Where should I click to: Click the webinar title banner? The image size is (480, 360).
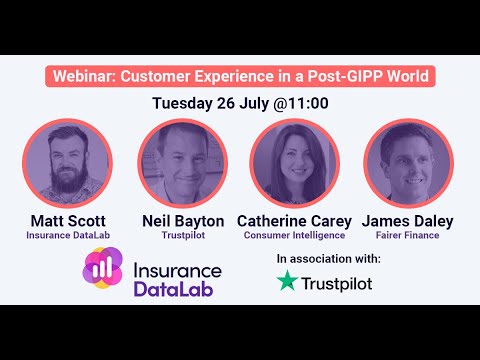pyautogui.click(x=240, y=76)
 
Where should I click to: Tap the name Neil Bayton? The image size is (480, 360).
pyautogui.click(x=181, y=220)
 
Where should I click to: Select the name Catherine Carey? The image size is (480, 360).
pyautogui.click(x=295, y=220)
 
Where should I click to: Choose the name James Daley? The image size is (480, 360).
pyautogui.click(x=408, y=220)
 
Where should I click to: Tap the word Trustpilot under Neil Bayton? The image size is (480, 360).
pyautogui.click(x=181, y=235)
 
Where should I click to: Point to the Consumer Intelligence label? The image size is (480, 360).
pyautogui.click(x=295, y=235)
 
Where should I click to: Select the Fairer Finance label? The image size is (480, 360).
pyautogui.click(x=408, y=235)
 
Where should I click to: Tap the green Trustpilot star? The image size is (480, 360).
pyautogui.click(x=288, y=283)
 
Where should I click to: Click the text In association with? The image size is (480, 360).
pyautogui.click(x=328, y=258)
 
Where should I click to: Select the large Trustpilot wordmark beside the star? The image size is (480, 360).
pyautogui.click(x=338, y=284)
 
